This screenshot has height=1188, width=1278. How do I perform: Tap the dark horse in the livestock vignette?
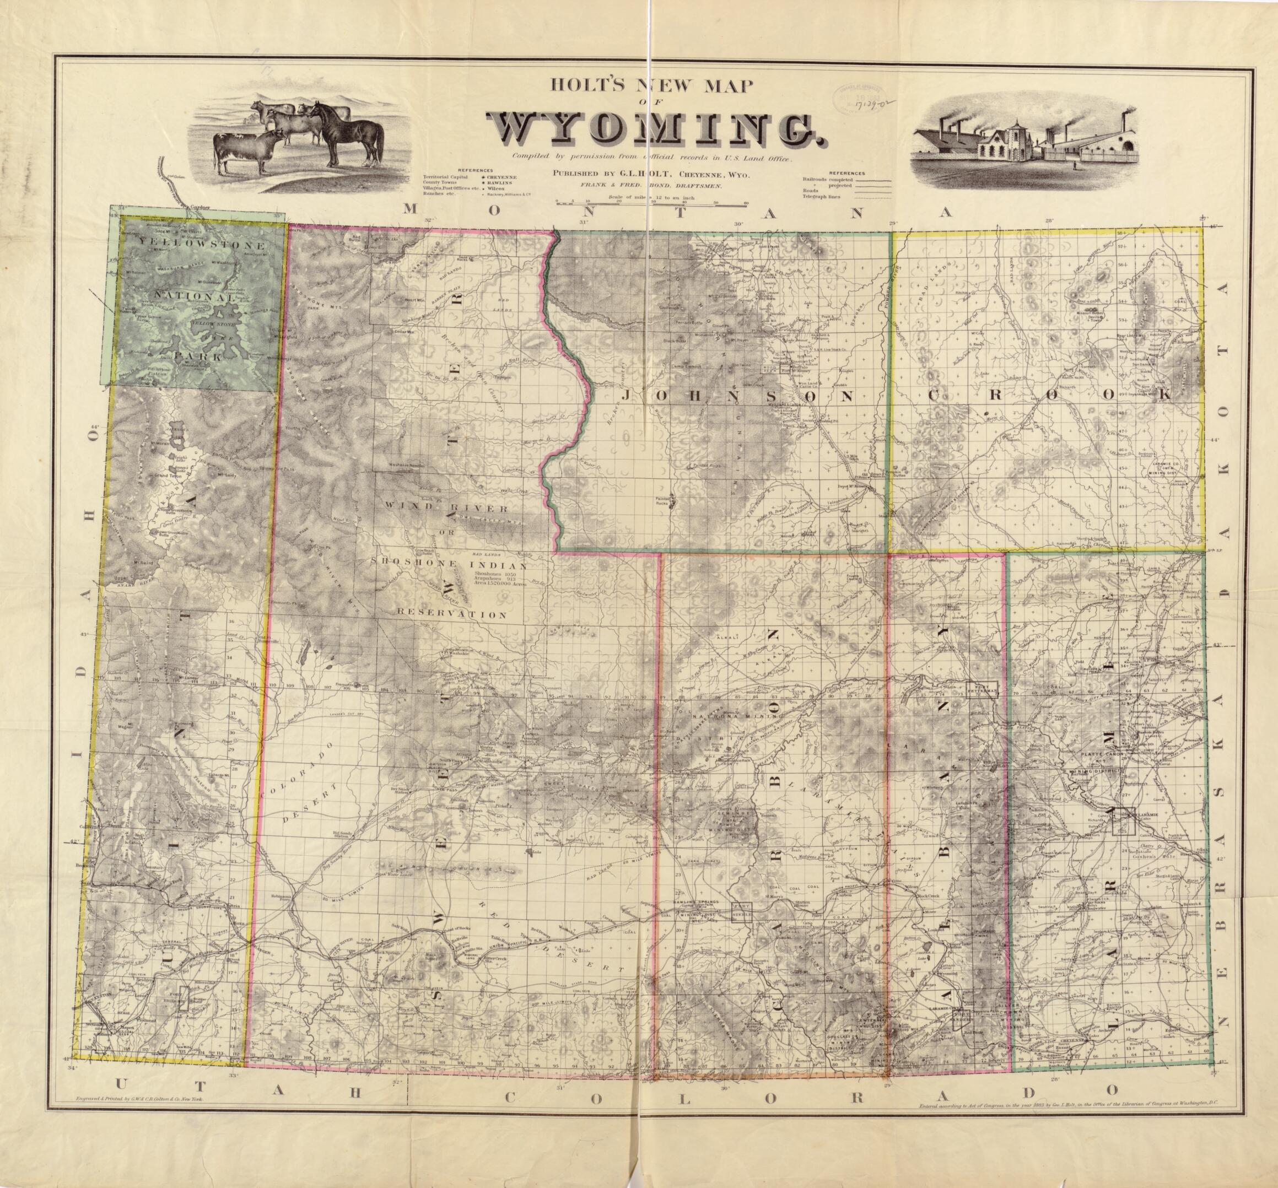350,135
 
